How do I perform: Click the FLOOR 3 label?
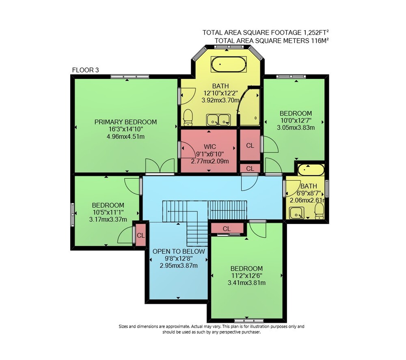[85, 70]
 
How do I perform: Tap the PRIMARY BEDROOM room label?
[125, 122]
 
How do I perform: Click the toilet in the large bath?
[188, 117]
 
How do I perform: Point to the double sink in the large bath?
[218, 120]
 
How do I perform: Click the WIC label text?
[210, 147]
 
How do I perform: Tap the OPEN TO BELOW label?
[179, 252]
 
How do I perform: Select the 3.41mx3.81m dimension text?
[246, 283]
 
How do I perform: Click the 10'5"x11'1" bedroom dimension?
[108, 212]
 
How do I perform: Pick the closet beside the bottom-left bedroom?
[140, 235]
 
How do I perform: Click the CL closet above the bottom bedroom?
[227, 229]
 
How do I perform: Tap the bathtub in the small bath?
[311, 170]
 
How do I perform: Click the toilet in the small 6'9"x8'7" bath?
[319, 211]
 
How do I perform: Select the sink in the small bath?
[297, 213]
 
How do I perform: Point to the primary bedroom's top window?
[130, 76]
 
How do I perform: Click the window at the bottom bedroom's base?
[249, 320]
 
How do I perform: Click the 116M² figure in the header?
[320, 41]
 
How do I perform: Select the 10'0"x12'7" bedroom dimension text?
[296, 121]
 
